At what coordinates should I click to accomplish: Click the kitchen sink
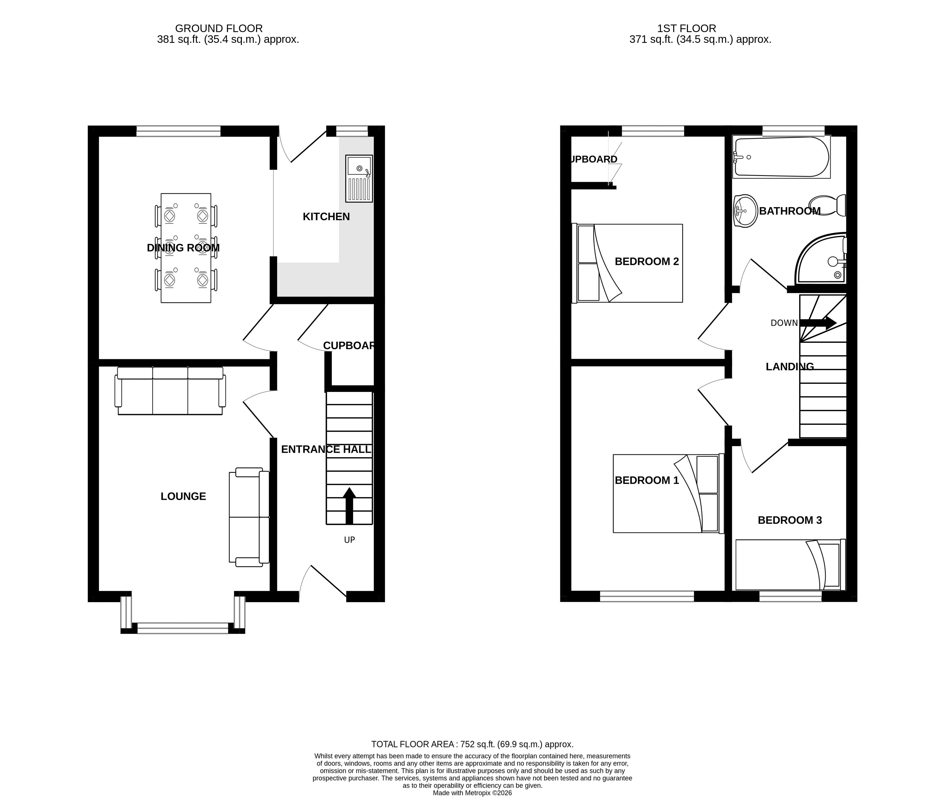359,178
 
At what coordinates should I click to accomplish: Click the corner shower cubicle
820,258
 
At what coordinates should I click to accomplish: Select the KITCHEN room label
326,217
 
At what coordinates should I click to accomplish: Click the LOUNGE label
184,496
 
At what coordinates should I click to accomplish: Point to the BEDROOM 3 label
790,520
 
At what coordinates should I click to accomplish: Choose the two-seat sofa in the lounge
249,517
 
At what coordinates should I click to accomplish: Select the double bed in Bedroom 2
627,263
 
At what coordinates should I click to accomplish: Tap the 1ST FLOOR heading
687,29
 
